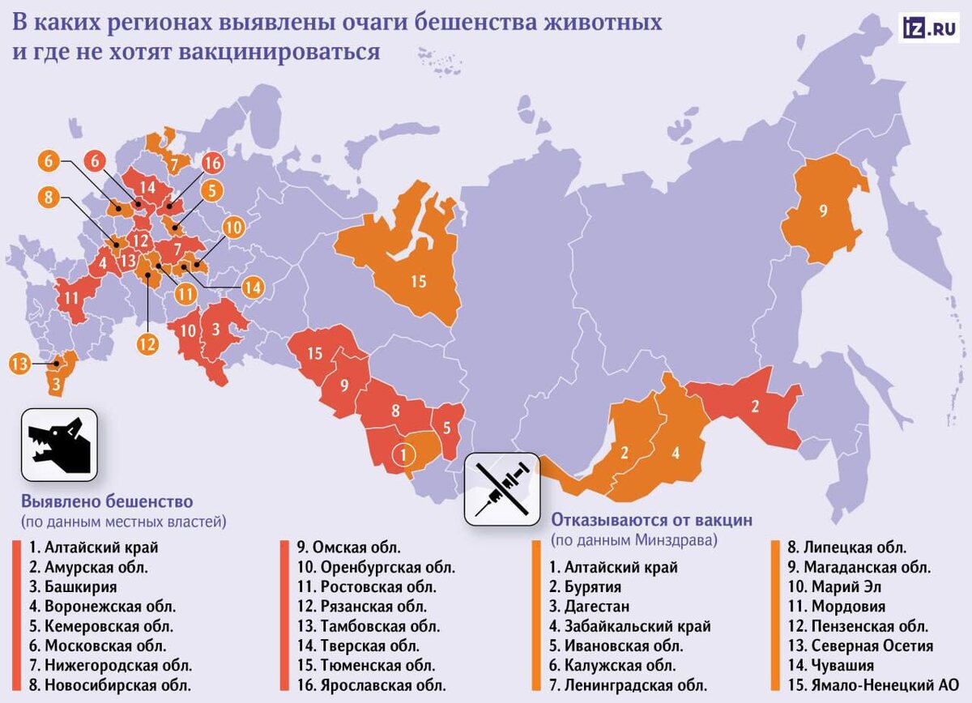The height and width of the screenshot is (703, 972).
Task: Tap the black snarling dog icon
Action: (x=58, y=445)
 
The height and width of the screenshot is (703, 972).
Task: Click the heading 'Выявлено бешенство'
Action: (x=107, y=501)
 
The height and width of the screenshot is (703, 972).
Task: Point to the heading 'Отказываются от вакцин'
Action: (x=652, y=519)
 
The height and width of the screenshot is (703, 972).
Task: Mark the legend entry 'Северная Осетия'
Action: (x=858, y=645)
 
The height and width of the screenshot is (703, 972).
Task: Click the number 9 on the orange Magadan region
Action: (x=823, y=211)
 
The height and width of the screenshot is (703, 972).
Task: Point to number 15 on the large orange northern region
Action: (x=418, y=282)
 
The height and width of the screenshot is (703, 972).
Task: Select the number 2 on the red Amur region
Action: (x=755, y=407)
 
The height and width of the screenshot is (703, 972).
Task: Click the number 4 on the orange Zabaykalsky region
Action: (x=675, y=453)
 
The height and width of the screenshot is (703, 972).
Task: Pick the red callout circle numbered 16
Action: (x=212, y=163)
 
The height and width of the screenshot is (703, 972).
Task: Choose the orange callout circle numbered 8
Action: (x=48, y=196)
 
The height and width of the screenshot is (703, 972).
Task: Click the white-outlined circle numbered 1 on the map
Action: (x=403, y=454)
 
